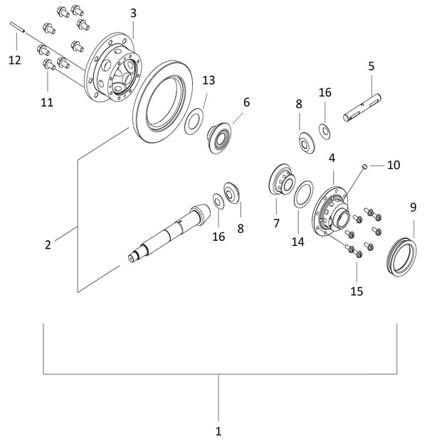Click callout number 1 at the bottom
click(218, 431)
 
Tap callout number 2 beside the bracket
click(48, 245)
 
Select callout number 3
click(133, 14)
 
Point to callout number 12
click(15, 60)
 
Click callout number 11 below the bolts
click(47, 102)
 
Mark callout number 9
click(413, 208)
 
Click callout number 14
click(297, 242)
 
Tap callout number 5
click(371, 66)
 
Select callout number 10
click(394, 165)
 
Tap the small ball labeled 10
click(364, 166)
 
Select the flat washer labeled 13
click(193, 122)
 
